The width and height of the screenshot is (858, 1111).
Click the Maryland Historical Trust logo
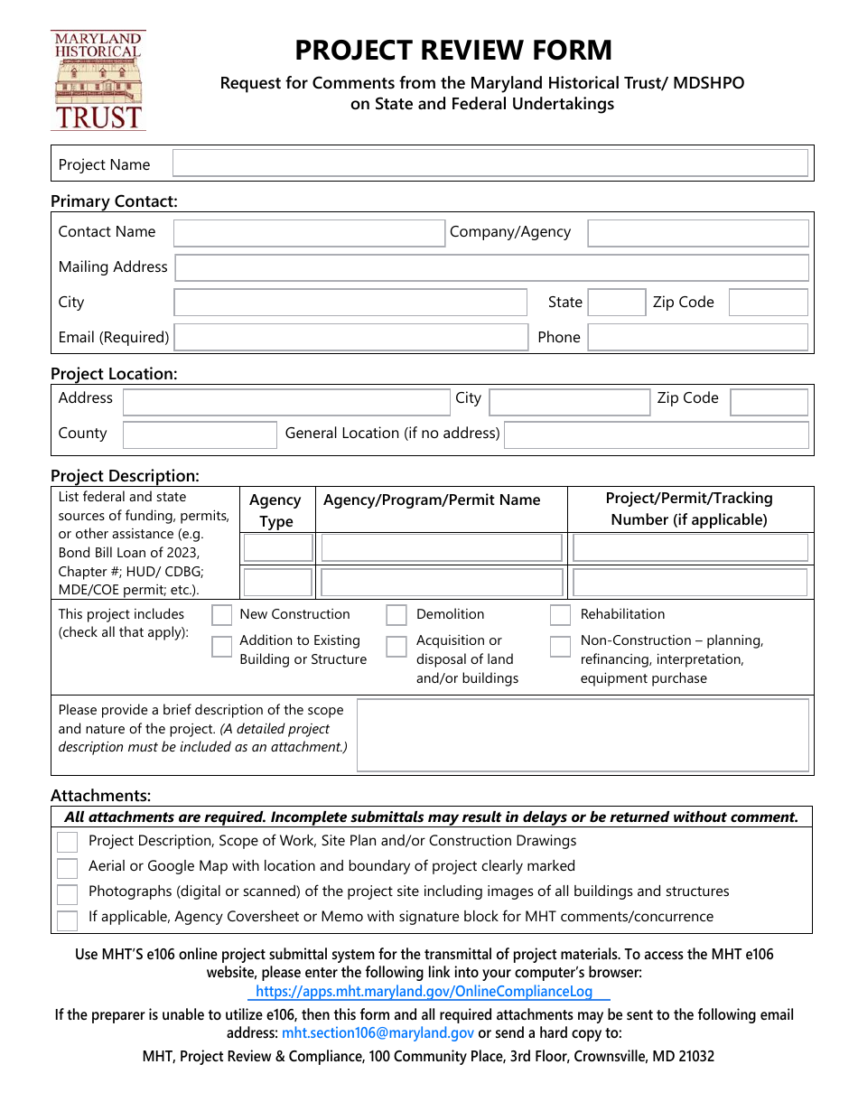pyautogui.click(x=98, y=79)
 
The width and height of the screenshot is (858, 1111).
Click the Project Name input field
pyautogui.click(x=490, y=163)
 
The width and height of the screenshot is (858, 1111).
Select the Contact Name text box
pyautogui.click(x=309, y=233)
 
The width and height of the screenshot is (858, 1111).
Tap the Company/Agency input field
pyautogui.click(x=697, y=233)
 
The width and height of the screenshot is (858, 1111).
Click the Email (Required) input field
pyautogui.click(x=350, y=337)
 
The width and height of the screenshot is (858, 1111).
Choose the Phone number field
pyautogui.click(x=697, y=337)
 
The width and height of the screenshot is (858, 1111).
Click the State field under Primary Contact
pyautogui.click(x=616, y=303)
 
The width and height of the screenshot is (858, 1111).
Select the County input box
pyautogui.click(x=199, y=434)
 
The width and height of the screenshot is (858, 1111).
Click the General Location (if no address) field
pyautogui.click(x=656, y=434)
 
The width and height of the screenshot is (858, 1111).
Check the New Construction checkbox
pyautogui.click(x=221, y=615)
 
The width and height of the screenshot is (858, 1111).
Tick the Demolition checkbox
pyautogui.click(x=396, y=615)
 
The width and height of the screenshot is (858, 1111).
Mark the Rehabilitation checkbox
pyautogui.click(x=560, y=615)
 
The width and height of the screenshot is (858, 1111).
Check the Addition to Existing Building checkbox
pyautogui.click(x=221, y=646)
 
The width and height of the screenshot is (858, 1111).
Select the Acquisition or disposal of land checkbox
pyautogui.click(x=396, y=646)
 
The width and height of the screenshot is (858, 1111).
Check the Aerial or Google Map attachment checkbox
pyautogui.click(x=67, y=868)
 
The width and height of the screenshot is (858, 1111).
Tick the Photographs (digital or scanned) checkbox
pyautogui.click(x=67, y=894)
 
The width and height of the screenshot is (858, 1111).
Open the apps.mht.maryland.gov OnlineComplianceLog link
pyautogui.click(x=424, y=991)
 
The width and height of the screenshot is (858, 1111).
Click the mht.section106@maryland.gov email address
pyautogui.click(x=378, y=1032)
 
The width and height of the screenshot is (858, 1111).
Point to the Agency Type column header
pyautogui.click(x=275, y=510)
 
